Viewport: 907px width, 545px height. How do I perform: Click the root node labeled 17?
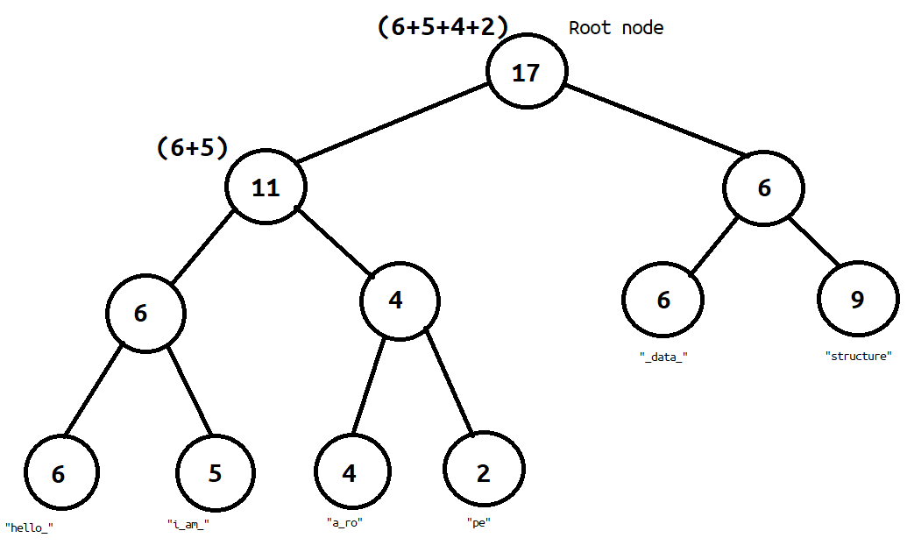(527, 72)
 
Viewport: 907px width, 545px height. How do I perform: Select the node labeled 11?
(266, 188)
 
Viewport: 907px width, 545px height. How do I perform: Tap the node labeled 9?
(857, 300)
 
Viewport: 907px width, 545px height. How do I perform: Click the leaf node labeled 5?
(216, 473)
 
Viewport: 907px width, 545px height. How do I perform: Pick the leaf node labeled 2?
(483, 473)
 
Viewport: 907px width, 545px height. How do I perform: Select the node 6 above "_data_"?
(663, 300)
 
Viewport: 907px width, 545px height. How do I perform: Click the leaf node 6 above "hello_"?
(59, 474)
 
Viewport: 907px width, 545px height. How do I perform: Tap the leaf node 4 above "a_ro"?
(350, 473)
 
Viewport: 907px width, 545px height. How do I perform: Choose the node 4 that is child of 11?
(396, 300)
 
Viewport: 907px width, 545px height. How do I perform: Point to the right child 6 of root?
(764, 188)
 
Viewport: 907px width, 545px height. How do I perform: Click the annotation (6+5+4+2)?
(443, 27)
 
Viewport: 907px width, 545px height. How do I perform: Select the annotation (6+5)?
(192, 147)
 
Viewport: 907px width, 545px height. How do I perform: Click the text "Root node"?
(616, 28)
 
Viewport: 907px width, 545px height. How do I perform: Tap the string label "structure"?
(859, 357)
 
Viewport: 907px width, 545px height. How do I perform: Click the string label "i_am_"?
(188, 524)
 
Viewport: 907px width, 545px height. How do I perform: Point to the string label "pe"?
(478, 523)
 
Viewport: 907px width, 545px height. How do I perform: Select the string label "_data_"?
(663, 357)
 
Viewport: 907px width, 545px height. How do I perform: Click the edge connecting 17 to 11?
(393, 123)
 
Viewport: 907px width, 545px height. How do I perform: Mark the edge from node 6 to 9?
(816, 242)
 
